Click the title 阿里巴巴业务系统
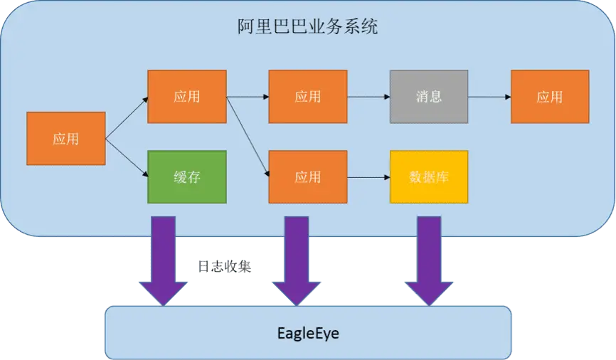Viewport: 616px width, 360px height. click(307, 28)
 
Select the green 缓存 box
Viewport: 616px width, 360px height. click(186, 176)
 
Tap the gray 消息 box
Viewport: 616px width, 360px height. click(429, 96)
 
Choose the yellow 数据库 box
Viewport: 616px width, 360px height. click(429, 176)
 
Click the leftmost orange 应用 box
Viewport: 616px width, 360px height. click(65, 139)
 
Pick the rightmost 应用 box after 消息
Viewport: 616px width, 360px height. click(549, 96)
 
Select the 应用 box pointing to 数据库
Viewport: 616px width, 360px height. click(307, 176)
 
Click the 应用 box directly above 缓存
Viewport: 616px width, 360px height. click(186, 96)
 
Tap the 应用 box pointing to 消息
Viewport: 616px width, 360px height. click(307, 96)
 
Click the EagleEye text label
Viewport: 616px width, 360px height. click(307, 332)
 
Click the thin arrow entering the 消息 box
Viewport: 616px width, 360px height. click(368, 96)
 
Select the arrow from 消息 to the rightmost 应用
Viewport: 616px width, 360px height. click(489, 96)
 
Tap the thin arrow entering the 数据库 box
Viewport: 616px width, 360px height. click(368, 176)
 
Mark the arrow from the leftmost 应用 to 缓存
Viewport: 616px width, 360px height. click(127, 157)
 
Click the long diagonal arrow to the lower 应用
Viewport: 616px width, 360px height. click(248, 136)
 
